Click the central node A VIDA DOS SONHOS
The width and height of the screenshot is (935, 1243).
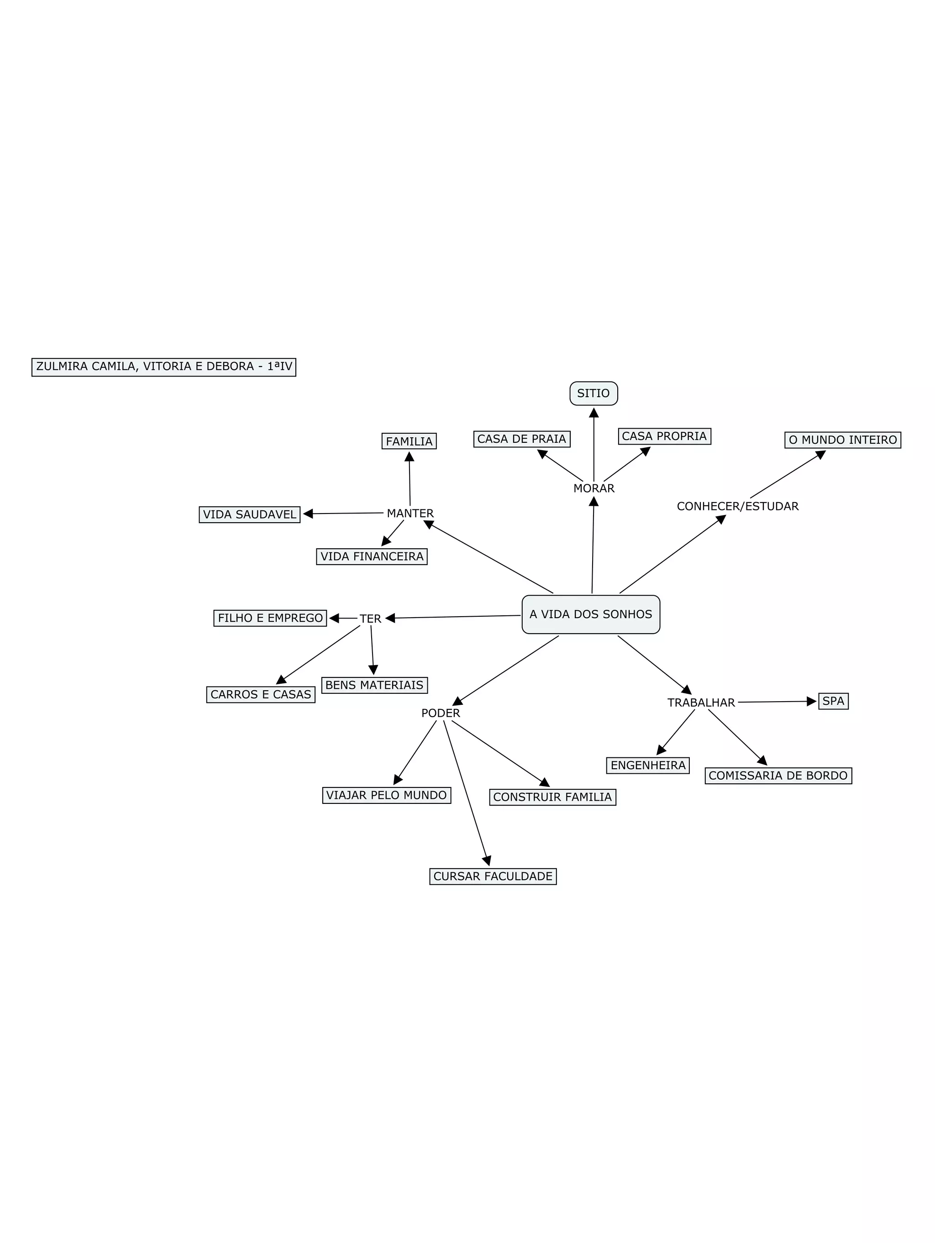pos(591,614)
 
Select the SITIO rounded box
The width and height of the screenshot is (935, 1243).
pos(594,393)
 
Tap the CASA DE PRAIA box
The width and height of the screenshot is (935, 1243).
pos(521,439)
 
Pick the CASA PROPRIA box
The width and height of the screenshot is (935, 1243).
pos(664,436)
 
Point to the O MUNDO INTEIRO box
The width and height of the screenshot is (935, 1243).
pos(842,440)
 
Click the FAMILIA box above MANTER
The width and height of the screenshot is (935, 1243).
pos(409,441)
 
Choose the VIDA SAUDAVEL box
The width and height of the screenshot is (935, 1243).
pos(249,514)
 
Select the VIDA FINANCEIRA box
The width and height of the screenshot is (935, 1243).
pos(372,556)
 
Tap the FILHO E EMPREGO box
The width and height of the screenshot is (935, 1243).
pos(270,618)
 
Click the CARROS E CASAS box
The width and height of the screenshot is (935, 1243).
pos(261,695)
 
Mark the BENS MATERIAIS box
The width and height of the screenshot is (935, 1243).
pos(374,685)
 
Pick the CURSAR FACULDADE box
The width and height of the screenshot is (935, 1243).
pos(493,876)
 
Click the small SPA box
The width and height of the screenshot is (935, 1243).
pos(833,701)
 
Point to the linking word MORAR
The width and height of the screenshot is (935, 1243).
pos(594,488)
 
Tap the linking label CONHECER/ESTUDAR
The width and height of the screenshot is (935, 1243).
pos(737,506)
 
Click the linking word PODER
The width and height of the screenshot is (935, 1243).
pos(441,713)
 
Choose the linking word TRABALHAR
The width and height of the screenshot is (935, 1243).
pos(701,703)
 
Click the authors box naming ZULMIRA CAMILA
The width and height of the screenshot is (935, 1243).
pos(163,367)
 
